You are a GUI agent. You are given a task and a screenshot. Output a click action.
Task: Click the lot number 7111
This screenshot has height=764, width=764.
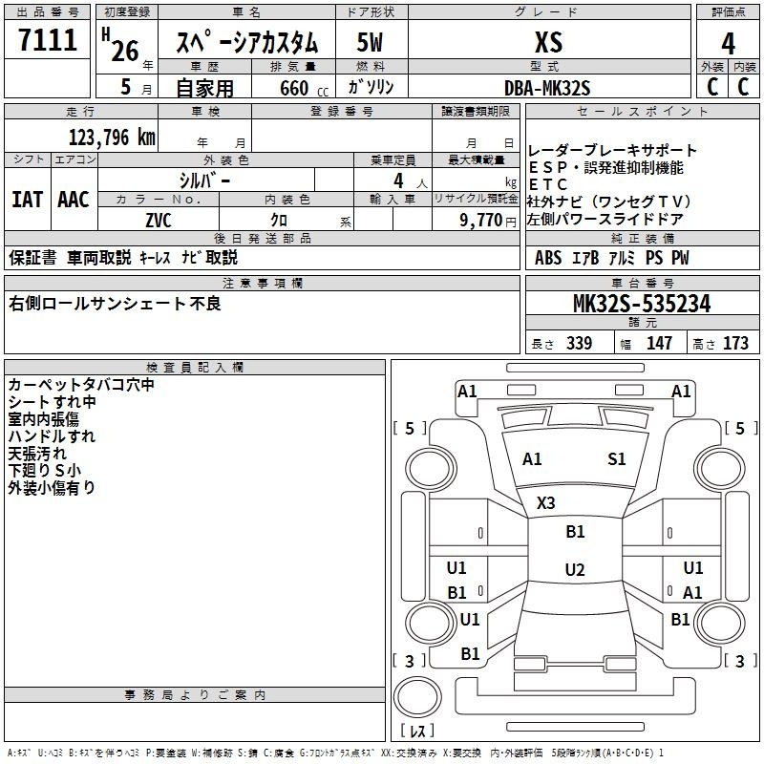click(x=48, y=42)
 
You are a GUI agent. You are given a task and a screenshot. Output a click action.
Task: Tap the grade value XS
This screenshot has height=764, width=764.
click(x=547, y=43)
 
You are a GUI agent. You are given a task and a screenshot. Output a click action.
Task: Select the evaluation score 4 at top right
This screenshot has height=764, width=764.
click(x=728, y=43)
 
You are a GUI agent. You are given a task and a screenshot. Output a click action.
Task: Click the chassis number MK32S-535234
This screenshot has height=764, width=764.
click(x=641, y=305)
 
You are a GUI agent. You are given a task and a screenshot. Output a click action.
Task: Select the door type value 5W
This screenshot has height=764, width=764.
click(x=371, y=43)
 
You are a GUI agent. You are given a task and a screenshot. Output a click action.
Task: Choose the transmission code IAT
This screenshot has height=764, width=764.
click(x=27, y=200)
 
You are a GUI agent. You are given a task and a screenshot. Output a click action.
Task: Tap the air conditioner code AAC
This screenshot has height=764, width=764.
click(x=74, y=200)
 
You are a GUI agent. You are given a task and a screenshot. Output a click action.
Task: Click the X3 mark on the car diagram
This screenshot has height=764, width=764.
click(x=546, y=502)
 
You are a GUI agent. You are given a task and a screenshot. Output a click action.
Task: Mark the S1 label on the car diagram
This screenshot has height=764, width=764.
click(x=617, y=459)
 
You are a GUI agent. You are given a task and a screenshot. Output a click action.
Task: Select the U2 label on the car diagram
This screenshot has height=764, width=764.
click(x=574, y=570)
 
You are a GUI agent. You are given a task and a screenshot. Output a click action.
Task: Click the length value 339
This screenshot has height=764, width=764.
click(x=578, y=344)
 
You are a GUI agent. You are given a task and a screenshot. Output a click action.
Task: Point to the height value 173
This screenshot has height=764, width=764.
click(x=735, y=344)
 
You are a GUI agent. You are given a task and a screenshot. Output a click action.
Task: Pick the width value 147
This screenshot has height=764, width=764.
click(x=659, y=344)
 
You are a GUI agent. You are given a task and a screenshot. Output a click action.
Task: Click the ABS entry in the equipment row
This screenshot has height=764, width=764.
click(x=548, y=258)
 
